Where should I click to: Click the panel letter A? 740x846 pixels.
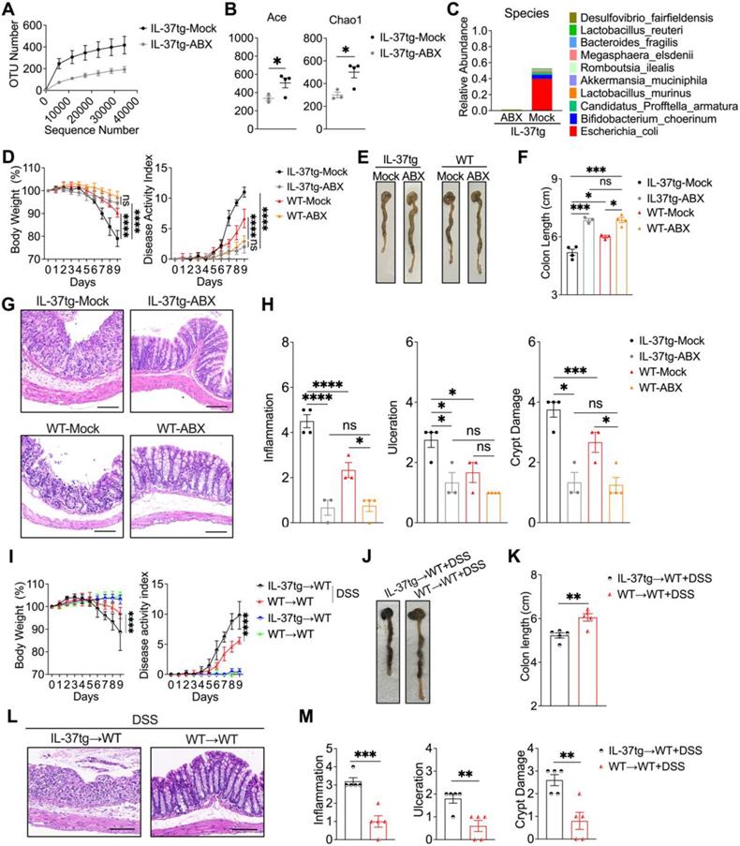11,11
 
